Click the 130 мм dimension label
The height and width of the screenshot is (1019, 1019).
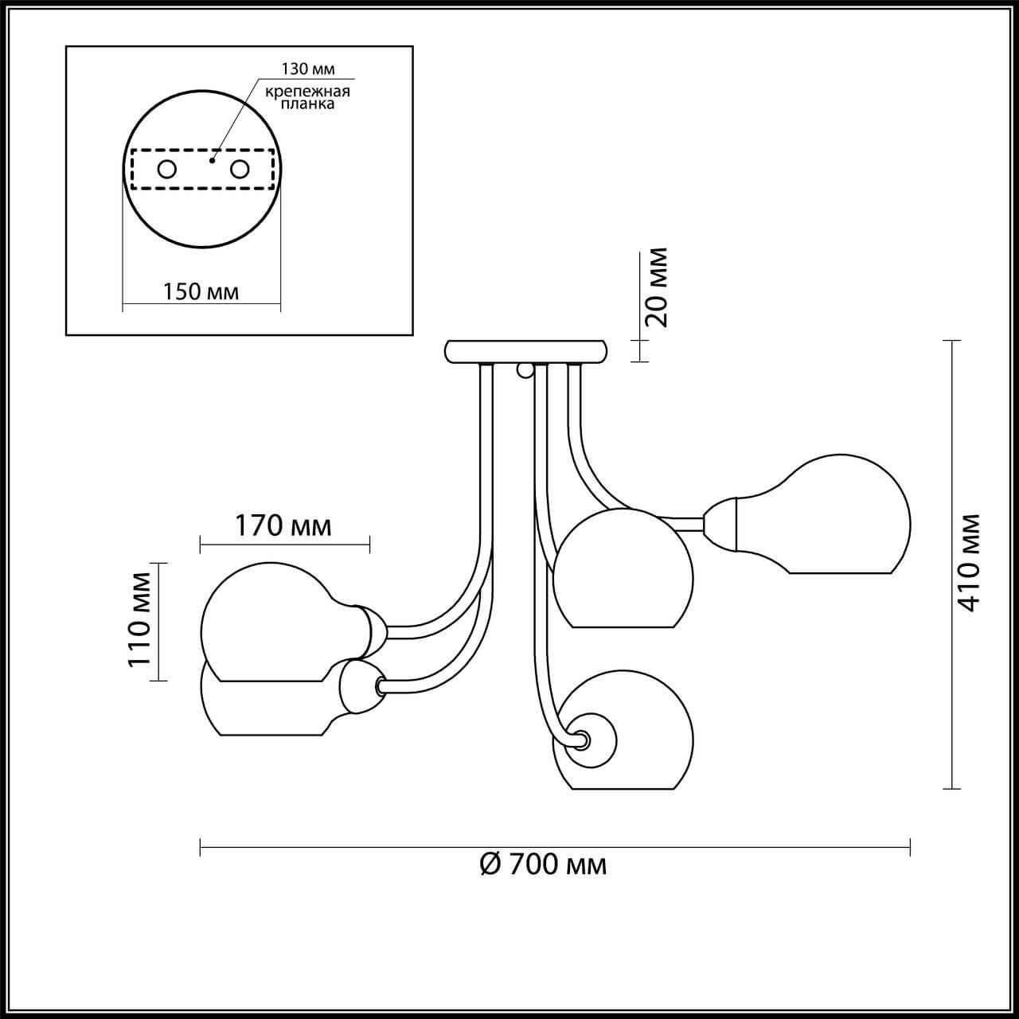click(x=307, y=68)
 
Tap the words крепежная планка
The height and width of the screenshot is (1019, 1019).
click(x=307, y=97)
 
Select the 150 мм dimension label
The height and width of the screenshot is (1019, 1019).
click(x=201, y=291)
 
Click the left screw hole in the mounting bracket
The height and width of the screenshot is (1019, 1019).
click(x=167, y=169)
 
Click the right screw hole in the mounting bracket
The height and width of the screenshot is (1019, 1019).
click(x=239, y=169)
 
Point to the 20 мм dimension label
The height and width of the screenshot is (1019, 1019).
click(x=656, y=287)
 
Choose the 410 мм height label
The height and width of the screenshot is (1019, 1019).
click(x=969, y=562)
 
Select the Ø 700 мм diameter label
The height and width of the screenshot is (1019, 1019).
click(x=544, y=864)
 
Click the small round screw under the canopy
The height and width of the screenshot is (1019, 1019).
click(x=525, y=369)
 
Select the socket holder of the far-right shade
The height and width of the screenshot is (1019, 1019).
click(x=720, y=523)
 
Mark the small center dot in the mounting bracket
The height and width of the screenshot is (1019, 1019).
click(x=211, y=159)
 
